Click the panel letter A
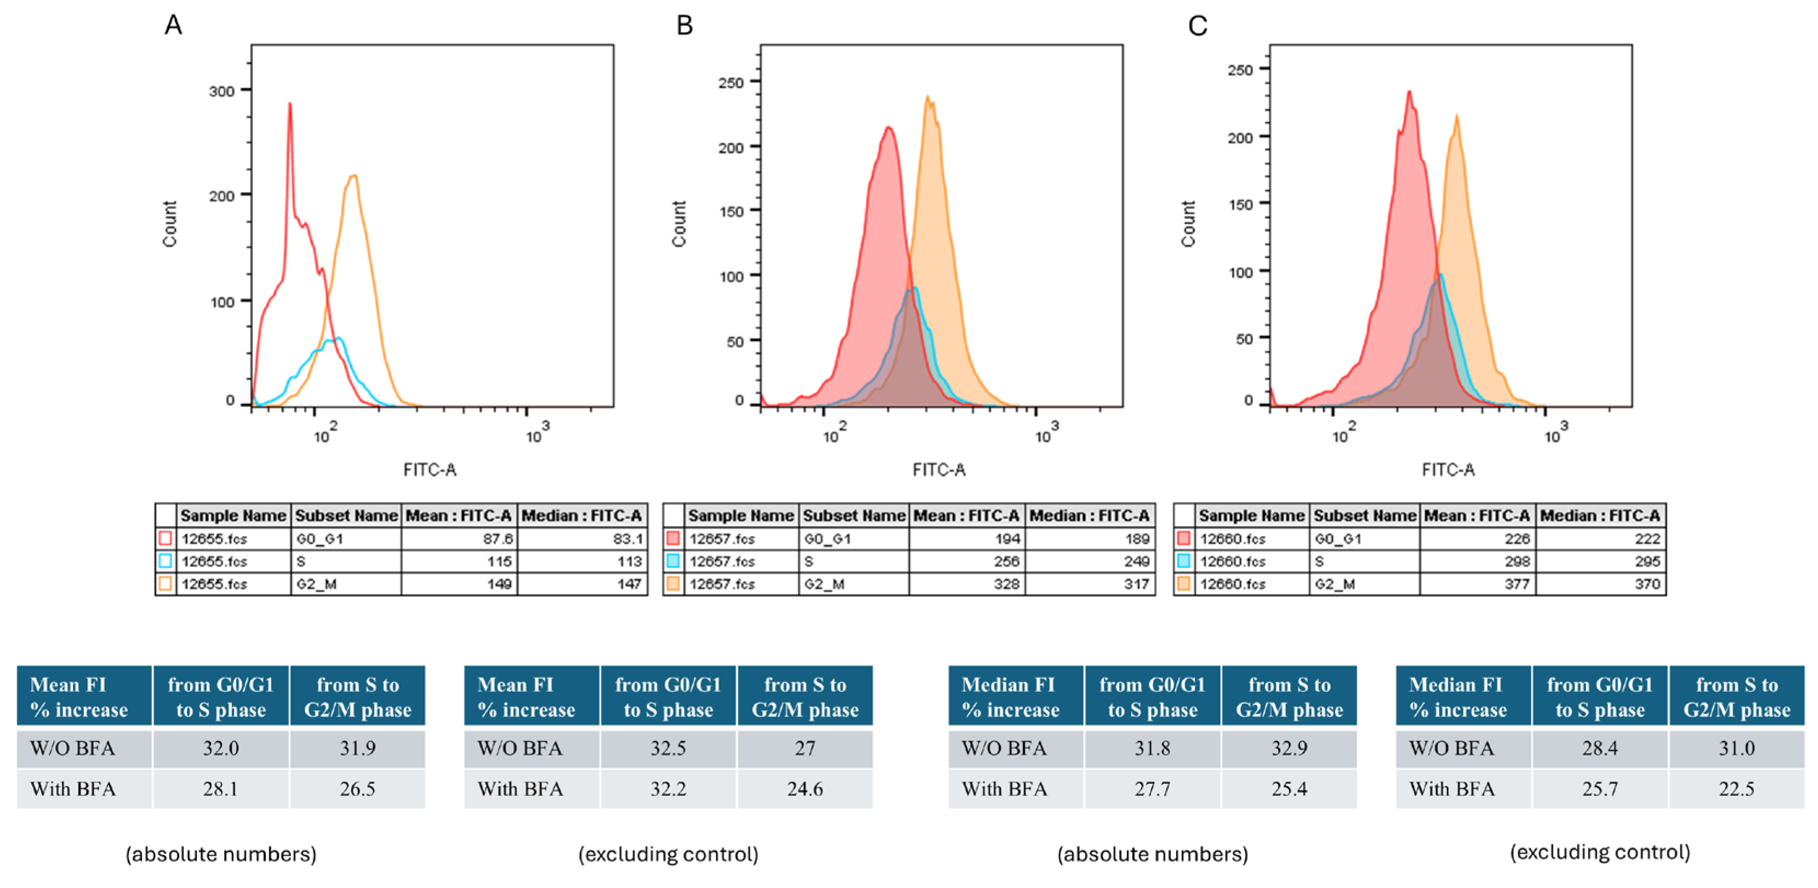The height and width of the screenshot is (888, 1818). point(173,25)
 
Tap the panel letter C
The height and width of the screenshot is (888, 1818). point(1198,26)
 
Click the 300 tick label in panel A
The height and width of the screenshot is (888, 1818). point(221,91)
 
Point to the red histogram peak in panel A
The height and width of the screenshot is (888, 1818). point(289,105)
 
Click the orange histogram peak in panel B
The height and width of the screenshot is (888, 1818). point(928,98)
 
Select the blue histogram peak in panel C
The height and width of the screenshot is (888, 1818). point(1440,275)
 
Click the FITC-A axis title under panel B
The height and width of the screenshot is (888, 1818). point(939,469)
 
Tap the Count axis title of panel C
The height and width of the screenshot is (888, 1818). point(1188,224)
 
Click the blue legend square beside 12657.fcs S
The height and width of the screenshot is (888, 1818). point(673,562)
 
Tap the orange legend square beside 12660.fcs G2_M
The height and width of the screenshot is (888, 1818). point(1183,584)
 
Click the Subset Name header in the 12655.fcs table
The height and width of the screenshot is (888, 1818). point(346,515)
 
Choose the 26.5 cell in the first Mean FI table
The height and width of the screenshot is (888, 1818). point(357,788)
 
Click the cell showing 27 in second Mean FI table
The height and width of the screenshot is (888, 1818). point(805,748)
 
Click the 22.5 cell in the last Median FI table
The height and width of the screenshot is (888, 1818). point(1736,788)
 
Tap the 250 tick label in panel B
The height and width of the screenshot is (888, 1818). point(731,83)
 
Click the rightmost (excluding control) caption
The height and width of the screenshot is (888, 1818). point(1600,852)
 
